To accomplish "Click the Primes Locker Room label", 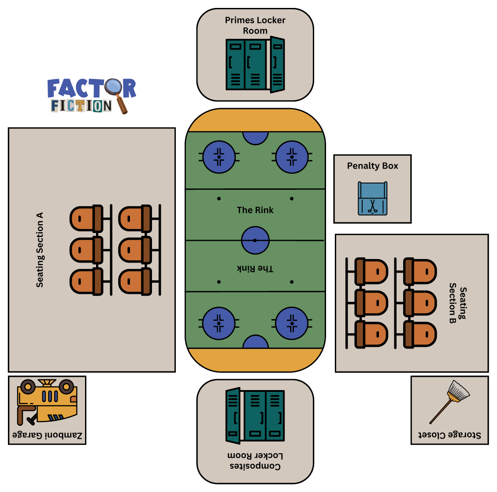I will [x=255, y=26].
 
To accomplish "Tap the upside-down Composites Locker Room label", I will [x=255, y=461].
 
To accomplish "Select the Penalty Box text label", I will [x=372, y=166].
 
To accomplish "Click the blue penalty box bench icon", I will [x=373, y=199].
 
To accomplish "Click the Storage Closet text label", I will [x=449, y=435].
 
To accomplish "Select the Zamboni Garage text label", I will [x=47, y=436].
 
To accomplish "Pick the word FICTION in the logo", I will [x=81, y=106].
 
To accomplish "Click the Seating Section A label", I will [x=40, y=250].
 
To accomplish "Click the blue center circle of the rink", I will [x=255, y=240].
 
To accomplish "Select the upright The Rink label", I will [x=255, y=210].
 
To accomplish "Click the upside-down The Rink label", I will [x=255, y=269].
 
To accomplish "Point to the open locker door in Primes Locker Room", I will [x=277, y=65].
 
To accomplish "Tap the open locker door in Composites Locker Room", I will [x=233, y=416].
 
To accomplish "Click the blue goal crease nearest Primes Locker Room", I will [x=256, y=137].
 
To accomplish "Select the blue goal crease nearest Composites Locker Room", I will [x=256, y=342].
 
